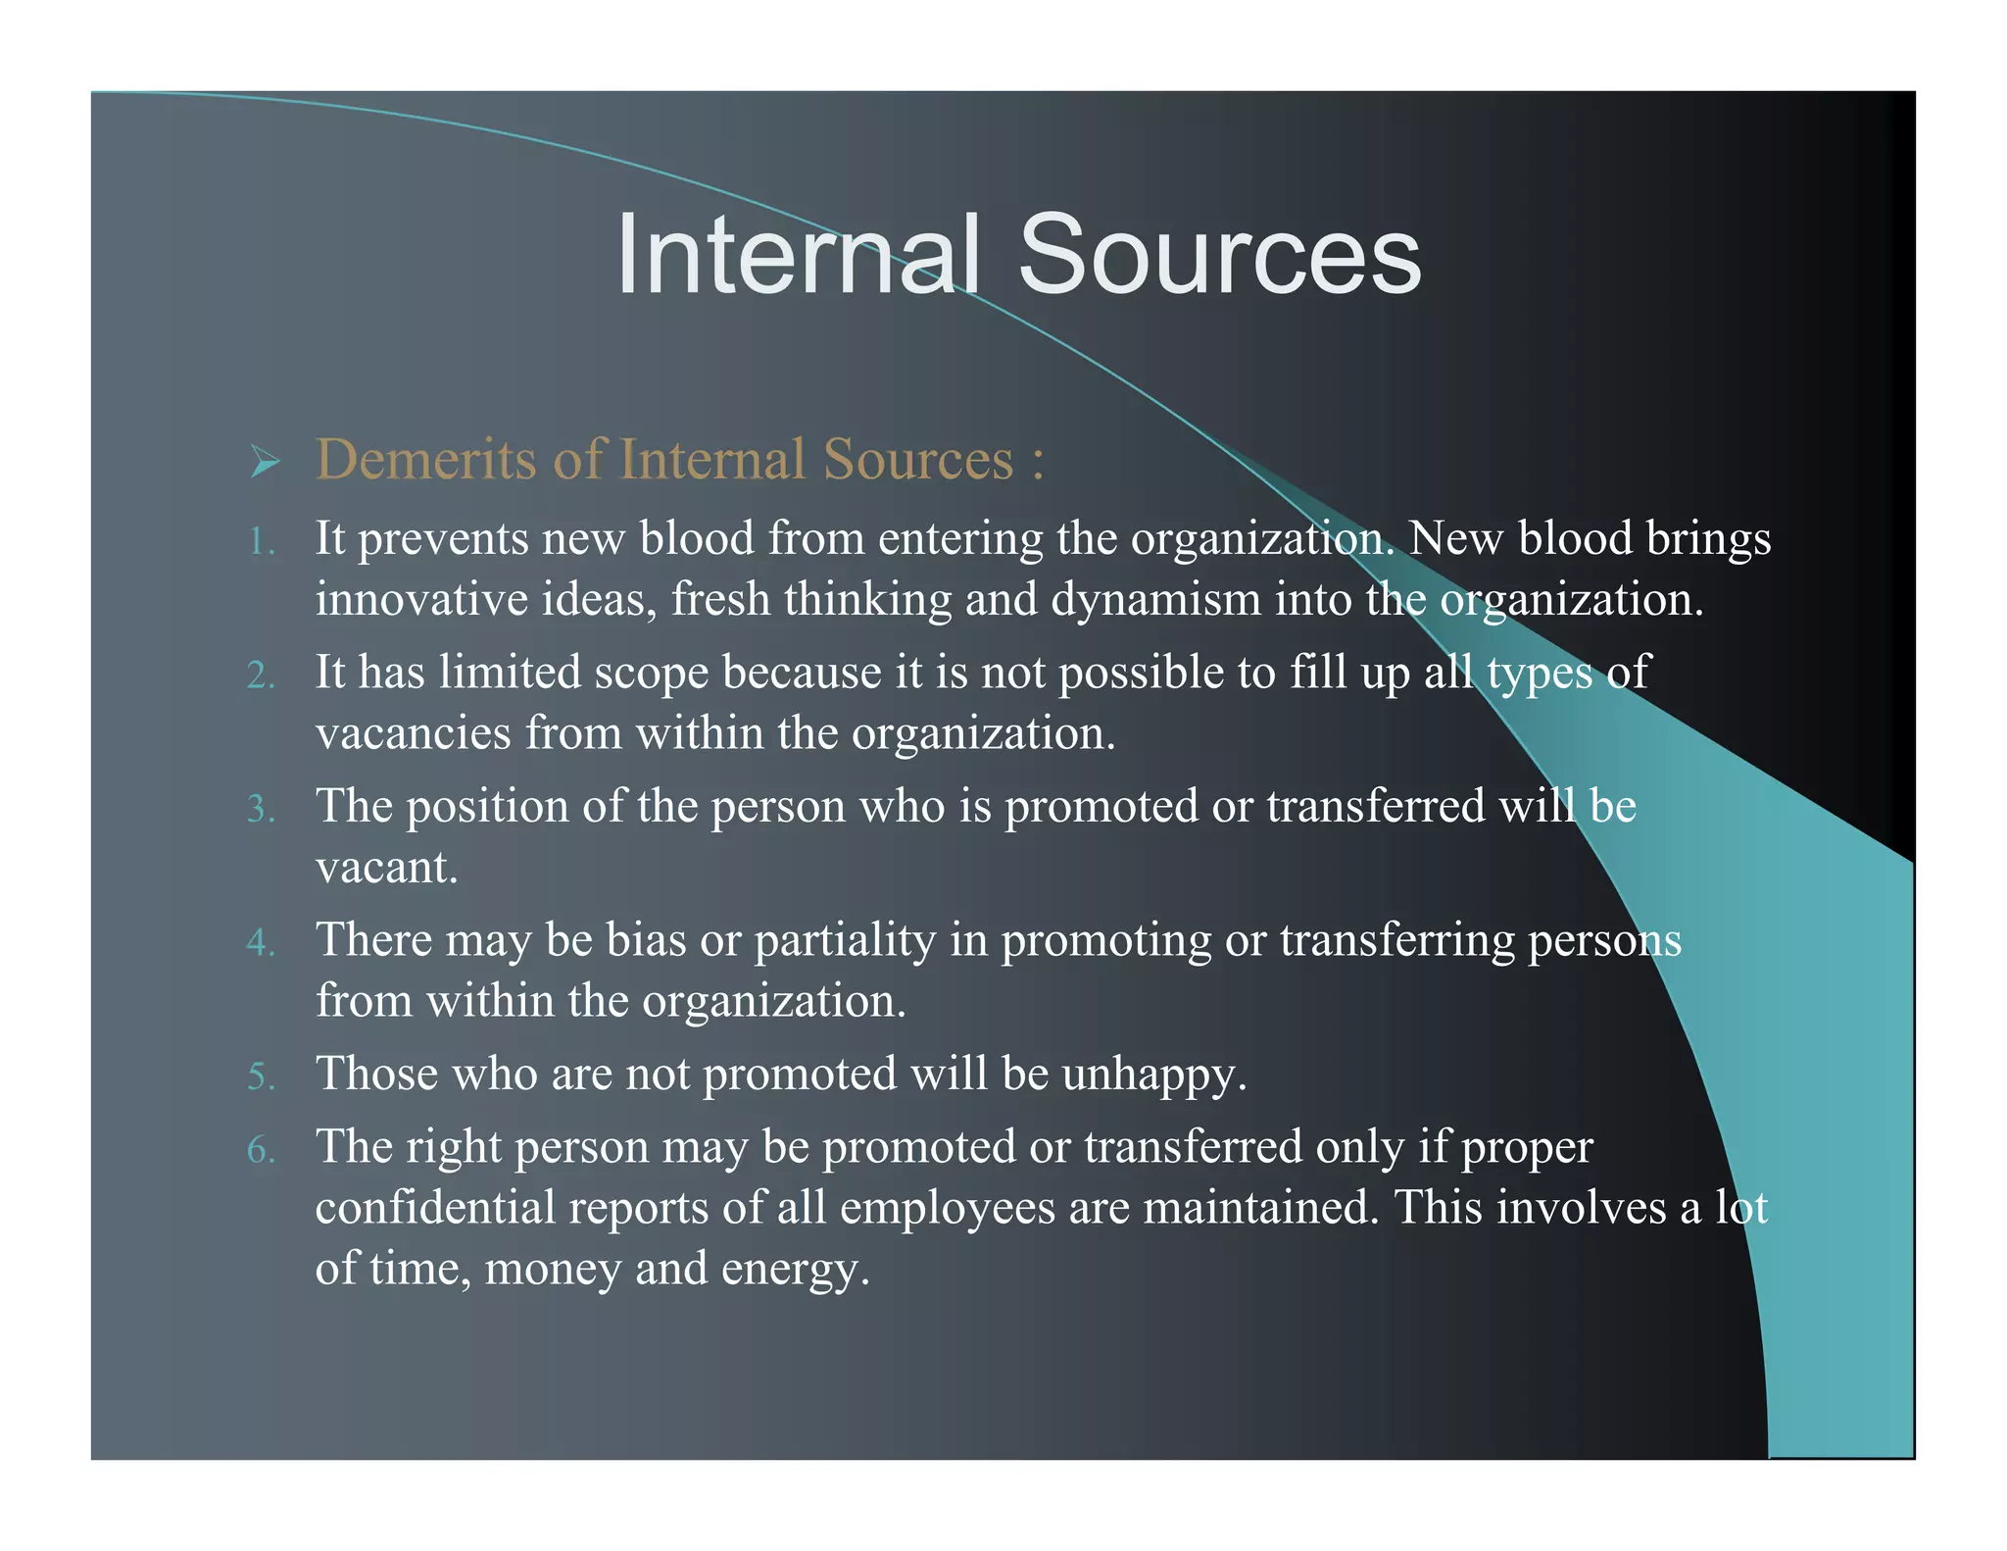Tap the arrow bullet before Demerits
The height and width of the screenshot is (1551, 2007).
point(265,460)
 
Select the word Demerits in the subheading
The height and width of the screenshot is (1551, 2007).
point(426,459)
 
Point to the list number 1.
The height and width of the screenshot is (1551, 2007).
point(261,541)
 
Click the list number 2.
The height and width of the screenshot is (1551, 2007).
point(261,675)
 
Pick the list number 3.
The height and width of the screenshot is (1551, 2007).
point(261,809)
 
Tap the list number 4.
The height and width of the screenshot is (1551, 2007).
point(261,942)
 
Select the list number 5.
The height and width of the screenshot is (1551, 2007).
point(261,1076)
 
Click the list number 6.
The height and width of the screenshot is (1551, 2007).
point(261,1149)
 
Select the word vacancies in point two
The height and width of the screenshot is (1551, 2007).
point(413,733)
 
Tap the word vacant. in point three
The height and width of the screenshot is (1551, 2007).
point(386,868)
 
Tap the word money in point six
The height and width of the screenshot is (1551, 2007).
point(553,1270)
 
